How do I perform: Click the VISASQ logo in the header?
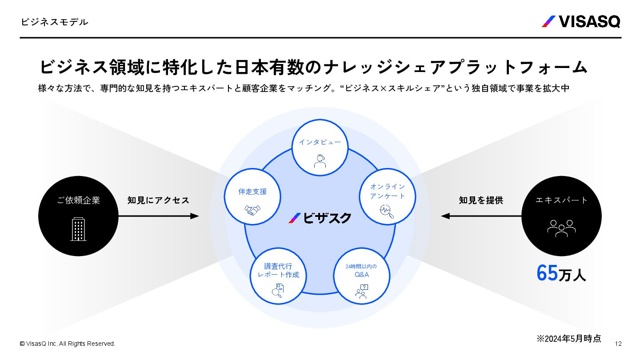pyautogui.click(x=581, y=21)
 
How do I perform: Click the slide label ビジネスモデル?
pyautogui.click(x=54, y=22)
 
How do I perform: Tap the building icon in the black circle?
pyautogui.click(x=78, y=229)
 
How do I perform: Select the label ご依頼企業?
pyautogui.click(x=78, y=200)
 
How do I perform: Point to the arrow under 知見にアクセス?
pyautogui.click(x=159, y=216)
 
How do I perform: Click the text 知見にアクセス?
pyautogui.click(x=158, y=200)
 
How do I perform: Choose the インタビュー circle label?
pyautogui.click(x=320, y=142)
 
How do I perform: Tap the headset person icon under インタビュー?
pyautogui.click(x=320, y=161)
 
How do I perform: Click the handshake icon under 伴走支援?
pyautogui.click(x=252, y=210)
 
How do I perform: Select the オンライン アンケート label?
pyautogui.click(x=388, y=191)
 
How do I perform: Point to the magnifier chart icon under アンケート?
pyautogui.click(x=387, y=212)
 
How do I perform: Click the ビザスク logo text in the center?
pyautogui.click(x=320, y=218)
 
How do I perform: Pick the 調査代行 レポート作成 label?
pyautogui.click(x=278, y=270)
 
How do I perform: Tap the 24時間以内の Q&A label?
pyautogui.click(x=361, y=270)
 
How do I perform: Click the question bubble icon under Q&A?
pyautogui.click(x=362, y=291)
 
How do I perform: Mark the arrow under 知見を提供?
pyautogui.click(x=481, y=216)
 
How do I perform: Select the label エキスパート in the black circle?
pyautogui.click(x=561, y=200)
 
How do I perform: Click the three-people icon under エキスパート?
pyautogui.click(x=561, y=228)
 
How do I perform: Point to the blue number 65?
pyautogui.click(x=547, y=273)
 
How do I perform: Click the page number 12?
pyautogui.click(x=618, y=344)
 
